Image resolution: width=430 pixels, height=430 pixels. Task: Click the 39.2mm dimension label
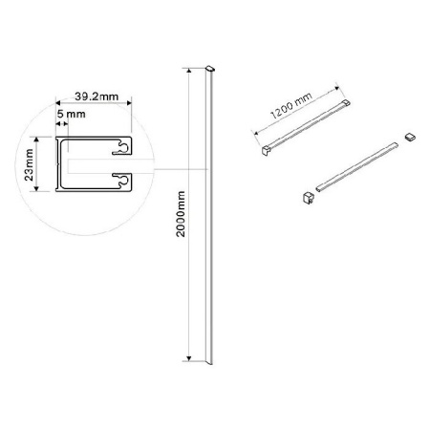tap(97, 97)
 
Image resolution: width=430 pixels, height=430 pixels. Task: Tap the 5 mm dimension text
tap(72, 114)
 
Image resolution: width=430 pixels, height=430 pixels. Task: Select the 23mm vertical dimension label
tap(29, 164)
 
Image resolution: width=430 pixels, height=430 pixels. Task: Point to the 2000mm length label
tap(181, 214)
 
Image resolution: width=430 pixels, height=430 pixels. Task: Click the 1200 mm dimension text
tap(291, 105)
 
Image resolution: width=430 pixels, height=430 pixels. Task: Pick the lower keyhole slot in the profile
tap(122, 181)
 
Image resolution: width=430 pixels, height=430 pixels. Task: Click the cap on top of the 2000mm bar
tap(210, 68)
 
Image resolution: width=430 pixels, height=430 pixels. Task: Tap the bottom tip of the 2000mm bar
tap(210, 363)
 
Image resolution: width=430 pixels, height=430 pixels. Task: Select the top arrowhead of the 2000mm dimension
tap(189, 71)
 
